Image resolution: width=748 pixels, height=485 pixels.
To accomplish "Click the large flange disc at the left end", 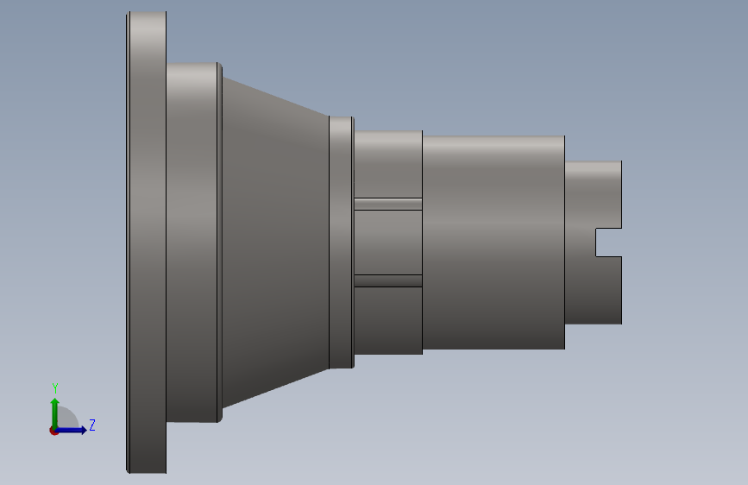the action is tap(147, 243).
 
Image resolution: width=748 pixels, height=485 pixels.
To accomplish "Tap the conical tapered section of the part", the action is tap(276, 243).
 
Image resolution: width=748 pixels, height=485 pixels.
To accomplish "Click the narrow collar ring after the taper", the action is tap(341, 243).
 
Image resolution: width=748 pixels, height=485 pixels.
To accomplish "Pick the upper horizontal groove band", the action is tap(388, 205).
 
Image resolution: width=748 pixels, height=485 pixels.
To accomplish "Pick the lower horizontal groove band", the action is tap(388, 280).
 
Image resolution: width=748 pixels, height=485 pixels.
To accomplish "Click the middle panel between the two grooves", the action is tap(388, 243).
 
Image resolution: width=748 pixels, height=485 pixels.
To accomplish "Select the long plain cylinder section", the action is tap(493, 243).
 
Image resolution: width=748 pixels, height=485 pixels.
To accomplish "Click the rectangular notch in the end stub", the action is tap(609, 243).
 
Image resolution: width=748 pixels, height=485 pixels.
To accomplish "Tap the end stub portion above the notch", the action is tap(594, 195).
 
